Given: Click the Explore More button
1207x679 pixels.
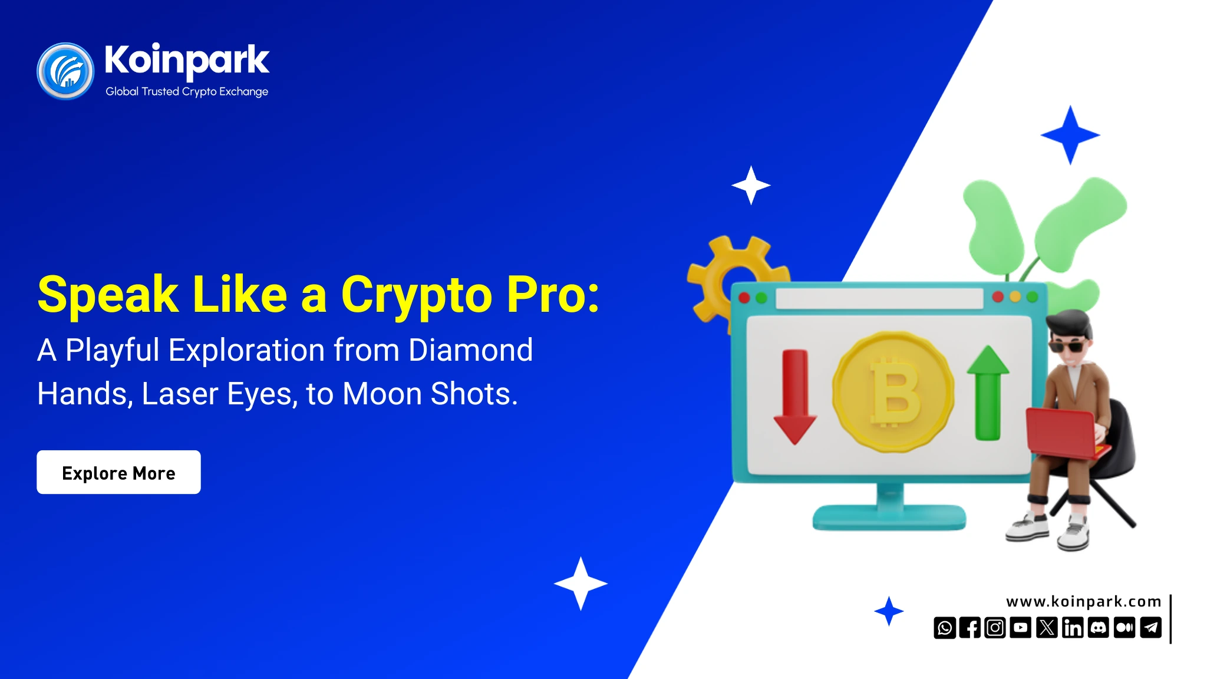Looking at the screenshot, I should [118, 472].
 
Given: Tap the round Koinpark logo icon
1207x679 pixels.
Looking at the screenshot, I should [65, 71].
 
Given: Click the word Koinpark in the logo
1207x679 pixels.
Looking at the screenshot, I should [186, 60].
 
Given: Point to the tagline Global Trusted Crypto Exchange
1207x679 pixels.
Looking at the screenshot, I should [186, 91].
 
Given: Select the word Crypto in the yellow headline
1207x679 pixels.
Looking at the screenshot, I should [416, 295].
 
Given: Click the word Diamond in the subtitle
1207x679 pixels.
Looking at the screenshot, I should [470, 350].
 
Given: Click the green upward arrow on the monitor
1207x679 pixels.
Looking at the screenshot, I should [988, 393].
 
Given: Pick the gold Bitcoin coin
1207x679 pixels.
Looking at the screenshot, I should [893, 392].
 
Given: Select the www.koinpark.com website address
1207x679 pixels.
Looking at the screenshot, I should [1083, 601].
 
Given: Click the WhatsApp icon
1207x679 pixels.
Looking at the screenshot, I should [944, 628].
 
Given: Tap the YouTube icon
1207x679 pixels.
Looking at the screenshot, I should [1021, 628].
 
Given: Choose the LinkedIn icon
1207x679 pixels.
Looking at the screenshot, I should [1073, 628].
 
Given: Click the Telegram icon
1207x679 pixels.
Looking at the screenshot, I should [1150, 628].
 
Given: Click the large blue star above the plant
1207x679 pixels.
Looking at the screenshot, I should [1070, 135].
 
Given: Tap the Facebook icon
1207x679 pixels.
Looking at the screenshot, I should [969, 628].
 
